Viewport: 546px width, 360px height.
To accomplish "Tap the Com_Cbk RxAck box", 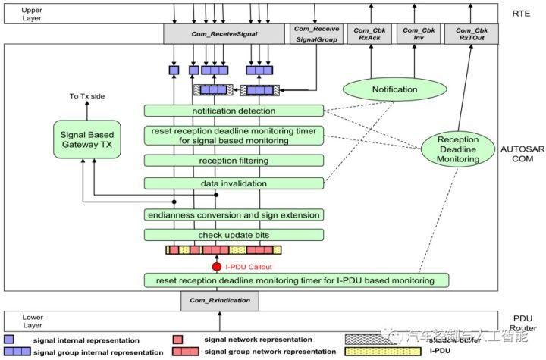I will tap(369, 33).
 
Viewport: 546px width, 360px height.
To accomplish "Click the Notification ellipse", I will tap(394, 89).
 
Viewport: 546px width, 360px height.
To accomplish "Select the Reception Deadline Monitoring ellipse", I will tap(459, 149).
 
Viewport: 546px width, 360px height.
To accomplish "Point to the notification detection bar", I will tap(234, 111).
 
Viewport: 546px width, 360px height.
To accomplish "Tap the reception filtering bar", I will tap(234, 161).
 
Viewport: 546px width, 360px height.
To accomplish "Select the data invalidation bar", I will tap(234, 183).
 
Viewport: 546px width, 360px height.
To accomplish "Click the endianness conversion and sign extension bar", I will tap(234, 214).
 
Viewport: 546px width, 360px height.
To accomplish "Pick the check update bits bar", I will tap(234, 235).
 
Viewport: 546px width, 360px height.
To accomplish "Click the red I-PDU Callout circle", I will tap(216, 266).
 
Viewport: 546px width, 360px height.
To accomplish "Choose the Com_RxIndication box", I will tap(219, 301).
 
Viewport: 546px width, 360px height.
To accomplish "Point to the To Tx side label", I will tap(85, 96).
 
